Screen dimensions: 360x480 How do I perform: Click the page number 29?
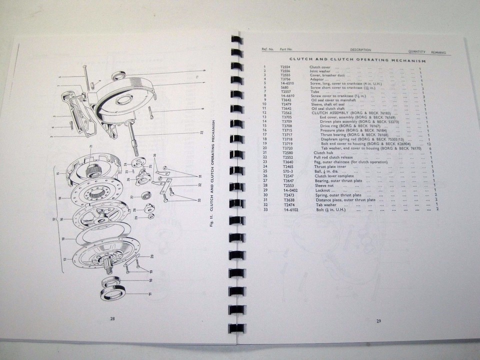(x=378, y=320)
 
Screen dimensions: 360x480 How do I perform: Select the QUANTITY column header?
(x=419, y=51)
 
